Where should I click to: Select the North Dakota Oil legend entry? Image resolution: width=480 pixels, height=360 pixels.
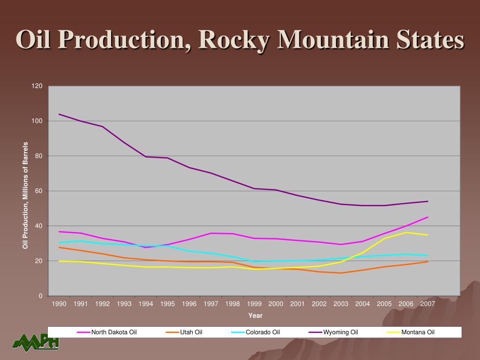click(114, 332)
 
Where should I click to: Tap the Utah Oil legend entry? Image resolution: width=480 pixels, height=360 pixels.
click(191, 332)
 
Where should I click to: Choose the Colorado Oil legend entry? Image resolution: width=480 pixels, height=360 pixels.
click(262, 332)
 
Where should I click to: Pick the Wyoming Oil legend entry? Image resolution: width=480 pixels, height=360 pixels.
click(340, 332)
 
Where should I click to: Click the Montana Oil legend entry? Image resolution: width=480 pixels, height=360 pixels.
click(418, 332)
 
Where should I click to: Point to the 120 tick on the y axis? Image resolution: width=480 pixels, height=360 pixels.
click(37, 86)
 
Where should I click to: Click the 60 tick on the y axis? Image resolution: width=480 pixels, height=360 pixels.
click(39, 191)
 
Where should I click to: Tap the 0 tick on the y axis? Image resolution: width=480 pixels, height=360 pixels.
click(40, 296)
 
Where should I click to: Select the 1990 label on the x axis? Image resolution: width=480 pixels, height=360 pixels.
click(59, 304)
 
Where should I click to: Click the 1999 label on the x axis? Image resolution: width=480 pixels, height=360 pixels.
click(254, 304)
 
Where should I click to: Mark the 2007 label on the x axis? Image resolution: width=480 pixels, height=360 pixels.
click(427, 304)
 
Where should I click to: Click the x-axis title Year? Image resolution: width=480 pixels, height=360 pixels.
click(255, 315)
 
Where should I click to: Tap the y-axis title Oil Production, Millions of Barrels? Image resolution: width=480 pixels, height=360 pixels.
click(26, 195)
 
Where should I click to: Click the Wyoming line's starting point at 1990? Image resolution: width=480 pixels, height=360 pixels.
click(59, 114)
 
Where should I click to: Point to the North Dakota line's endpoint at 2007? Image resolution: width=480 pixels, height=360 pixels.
click(428, 217)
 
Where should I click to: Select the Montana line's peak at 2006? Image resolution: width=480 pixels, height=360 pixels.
click(406, 232)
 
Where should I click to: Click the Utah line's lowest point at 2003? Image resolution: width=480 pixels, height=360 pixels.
click(341, 273)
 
